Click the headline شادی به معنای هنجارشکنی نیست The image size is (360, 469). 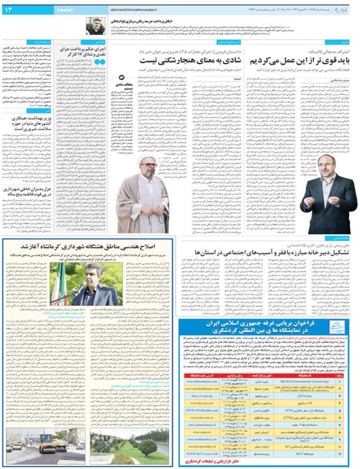coord(188,59)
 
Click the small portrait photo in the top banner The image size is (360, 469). coord(95,26)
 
